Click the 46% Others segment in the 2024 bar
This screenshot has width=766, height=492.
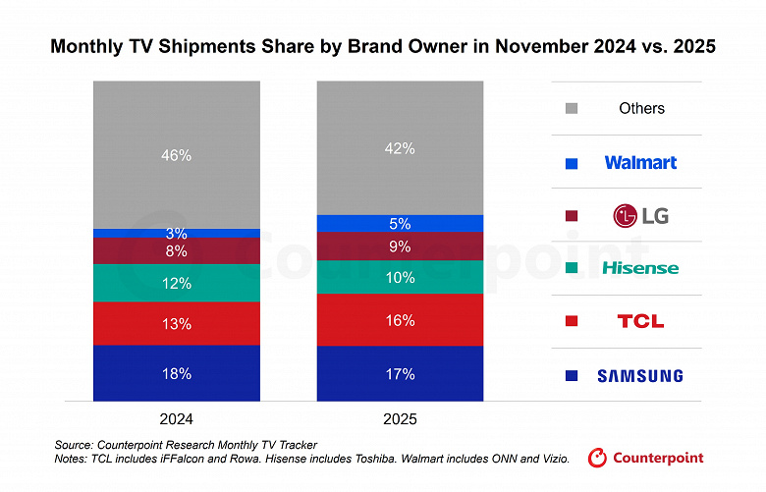pos(177,154)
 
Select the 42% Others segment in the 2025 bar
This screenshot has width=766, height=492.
pos(400,148)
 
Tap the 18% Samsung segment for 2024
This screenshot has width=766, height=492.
pos(177,373)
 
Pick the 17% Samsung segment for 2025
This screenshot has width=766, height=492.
pos(400,373)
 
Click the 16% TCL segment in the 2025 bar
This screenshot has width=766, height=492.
pos(400,320)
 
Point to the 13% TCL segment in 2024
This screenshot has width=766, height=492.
pos(177,323)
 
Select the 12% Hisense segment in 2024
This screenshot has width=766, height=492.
pos(177,283)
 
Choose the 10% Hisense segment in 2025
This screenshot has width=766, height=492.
pos(400,277)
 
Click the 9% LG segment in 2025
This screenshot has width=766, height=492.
pos(400,246)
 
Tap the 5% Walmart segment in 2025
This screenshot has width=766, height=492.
pos(400,223)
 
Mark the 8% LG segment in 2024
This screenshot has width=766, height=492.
pos(177,251)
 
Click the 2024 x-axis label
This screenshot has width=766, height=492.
pos(177,419)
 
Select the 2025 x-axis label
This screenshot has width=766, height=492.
pos(400,419)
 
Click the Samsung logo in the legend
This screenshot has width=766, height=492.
pos(640,375)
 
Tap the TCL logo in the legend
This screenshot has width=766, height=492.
pos(640,321)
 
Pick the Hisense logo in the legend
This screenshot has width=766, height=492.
pos(640,268)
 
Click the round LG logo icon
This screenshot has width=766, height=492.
pos(626,215)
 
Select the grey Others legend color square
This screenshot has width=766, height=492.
pos(573,109)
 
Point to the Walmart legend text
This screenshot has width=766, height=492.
pos(640,162)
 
